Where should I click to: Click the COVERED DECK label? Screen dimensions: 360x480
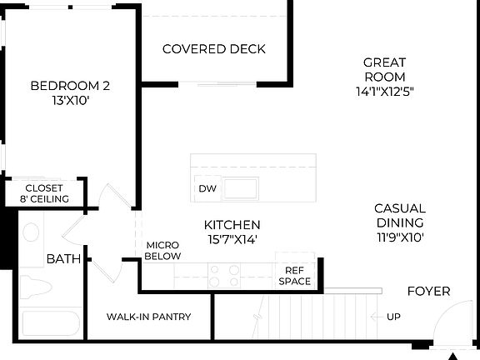click(x=214, y=49)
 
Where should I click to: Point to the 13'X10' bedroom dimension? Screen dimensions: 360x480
click(x=70, y=100)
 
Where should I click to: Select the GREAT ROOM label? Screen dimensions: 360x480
click(x=384, y=69)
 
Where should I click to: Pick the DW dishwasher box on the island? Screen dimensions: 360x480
click(x=207, y=188)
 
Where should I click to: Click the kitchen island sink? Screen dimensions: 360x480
click(x=239, y=187)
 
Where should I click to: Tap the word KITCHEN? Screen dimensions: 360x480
click(x=232, y=225)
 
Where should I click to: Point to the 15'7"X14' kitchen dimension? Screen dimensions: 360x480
click(x=232, y=239)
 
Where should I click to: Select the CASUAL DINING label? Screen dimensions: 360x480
click(x=399, y=215)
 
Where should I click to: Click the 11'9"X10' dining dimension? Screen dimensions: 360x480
click(x=399, y=237)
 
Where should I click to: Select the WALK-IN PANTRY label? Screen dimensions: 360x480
click(x=149, y=317)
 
